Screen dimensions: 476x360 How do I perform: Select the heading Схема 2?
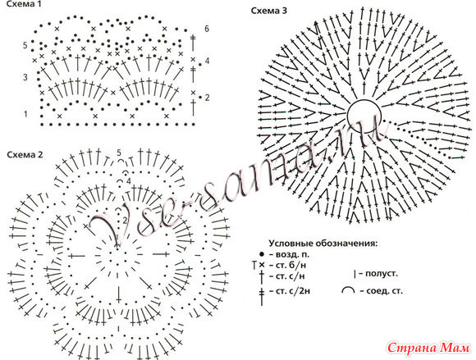click(x=25, y=155)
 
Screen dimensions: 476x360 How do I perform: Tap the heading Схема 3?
click(x=269, y=11)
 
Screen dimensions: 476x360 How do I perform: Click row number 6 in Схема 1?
click(x=207, y=29)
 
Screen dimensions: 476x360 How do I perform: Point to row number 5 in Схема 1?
click(x=25, y=45)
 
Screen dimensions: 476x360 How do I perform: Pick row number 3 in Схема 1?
click(x=25, y=77)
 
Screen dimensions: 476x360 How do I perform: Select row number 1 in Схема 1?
click(x=25, y=114)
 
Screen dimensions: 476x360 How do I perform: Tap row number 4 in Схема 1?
click(x=207, y=61)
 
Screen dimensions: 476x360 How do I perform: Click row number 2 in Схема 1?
click(x=208, y=98)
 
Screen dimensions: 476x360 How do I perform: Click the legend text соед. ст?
click(x=382, y=291)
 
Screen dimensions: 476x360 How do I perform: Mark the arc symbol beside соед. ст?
click(x=348, y=289)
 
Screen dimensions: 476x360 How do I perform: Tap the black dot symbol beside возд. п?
click(x=262, y=254)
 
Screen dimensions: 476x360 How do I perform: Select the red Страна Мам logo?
click(x=428, y=348)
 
